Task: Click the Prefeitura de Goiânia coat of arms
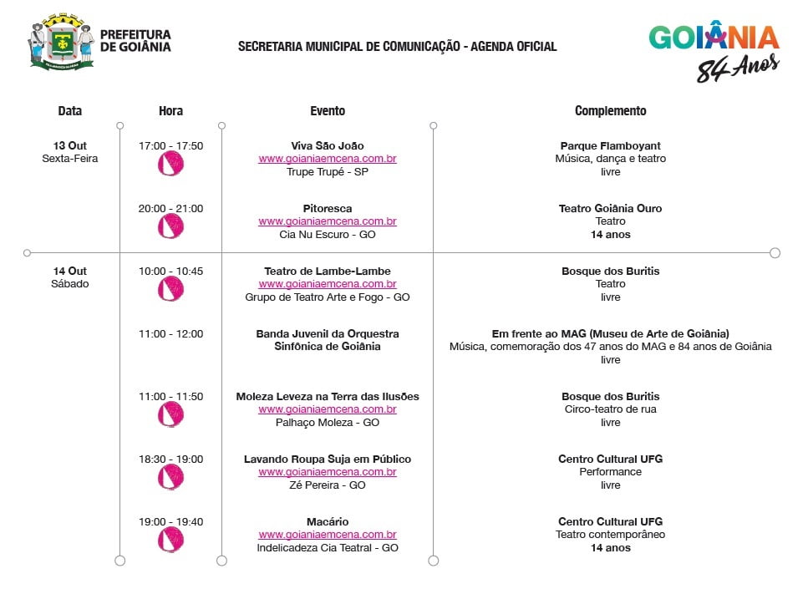coord(61,41)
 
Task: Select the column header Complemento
coord(610,111)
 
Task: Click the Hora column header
coord(170,111)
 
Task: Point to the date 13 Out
coord(70,145)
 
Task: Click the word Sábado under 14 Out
coord(70,284)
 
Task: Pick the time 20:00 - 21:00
coord(170,209)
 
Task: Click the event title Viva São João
coord(327,145)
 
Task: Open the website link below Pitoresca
coord(327,221)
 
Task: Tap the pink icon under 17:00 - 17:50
coord(170,164)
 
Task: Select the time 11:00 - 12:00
coord(170,334)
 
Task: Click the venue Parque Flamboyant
coord(610,145)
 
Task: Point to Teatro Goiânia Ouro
coord(610,209)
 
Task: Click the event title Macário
coord(327,522)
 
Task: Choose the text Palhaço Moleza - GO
coord(327,423)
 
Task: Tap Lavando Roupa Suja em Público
coord(327,460)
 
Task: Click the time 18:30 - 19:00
coord(170,460)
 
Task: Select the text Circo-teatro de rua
coord(610,409)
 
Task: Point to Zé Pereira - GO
coord(327,485)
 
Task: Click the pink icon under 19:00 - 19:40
coord(170,540)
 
